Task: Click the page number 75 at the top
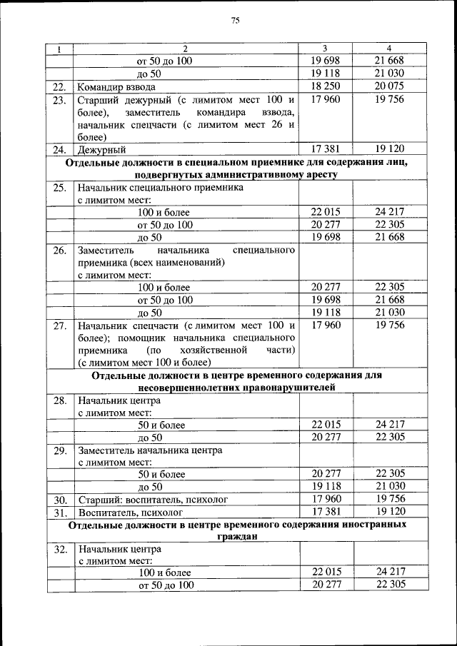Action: point(235,21)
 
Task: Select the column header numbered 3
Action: point(326,49)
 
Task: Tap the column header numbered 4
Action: point(389,49)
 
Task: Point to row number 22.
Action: point(60,87)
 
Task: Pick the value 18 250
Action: point(326,87)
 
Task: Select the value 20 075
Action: point(389,87)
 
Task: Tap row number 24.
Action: point(60,150)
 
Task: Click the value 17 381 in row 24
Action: point(326,149)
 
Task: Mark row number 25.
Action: point(60,188)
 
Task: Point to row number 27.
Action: point(60,325)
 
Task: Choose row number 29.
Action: point(60,450)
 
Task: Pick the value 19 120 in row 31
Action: point(389,512)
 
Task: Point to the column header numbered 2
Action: point(184,49)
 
